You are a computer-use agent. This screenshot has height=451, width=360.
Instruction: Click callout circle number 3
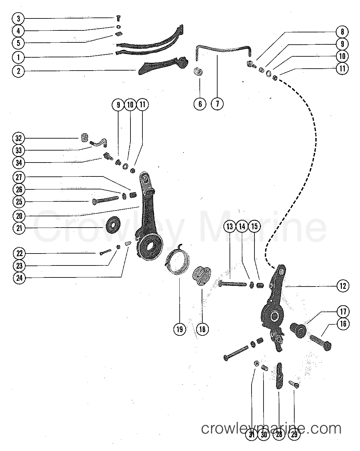pyautogui.click(x=18, y=18)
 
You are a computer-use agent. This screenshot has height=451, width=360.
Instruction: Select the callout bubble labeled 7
pyautogui.click(x=217, y=104)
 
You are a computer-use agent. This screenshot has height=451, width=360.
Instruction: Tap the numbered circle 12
pyautogui.click(x=343, y=286)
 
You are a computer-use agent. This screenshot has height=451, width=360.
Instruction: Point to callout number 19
pyautogui.click(x=180, y=329)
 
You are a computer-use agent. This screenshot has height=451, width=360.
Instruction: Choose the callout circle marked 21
pyautogui.click(x=18, y=228)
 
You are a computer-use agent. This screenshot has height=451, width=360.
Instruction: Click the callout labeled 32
pyautogui.click(x=18, y=138)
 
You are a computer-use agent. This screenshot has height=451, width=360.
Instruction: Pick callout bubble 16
pyautogui.click(x=343, y=324)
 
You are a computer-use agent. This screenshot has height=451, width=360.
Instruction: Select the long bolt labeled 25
pyautogui.click(x=105, y=201)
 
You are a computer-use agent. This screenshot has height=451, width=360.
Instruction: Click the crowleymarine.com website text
pyautogui.click(x=271, y=429)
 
